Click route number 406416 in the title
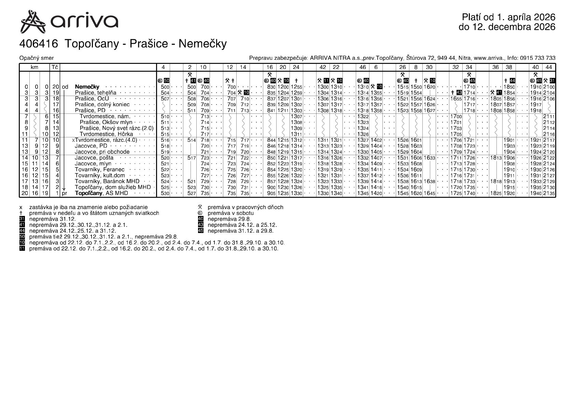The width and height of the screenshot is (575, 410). point(40,44)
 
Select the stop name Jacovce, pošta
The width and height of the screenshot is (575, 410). point(94,158)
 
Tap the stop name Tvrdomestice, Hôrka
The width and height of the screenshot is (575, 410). point(106,134)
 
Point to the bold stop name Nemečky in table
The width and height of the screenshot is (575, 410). point(87,87)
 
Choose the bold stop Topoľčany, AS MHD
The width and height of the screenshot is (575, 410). point(101,193)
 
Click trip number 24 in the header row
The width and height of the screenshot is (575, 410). point(296,67)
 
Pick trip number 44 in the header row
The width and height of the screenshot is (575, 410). point(549,67)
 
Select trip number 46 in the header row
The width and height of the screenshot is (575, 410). point(363,67)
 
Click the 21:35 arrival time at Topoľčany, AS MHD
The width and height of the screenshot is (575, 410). point(549,193)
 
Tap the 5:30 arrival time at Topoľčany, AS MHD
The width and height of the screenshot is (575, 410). point(165,193)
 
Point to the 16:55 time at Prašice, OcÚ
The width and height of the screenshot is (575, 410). point(456,99)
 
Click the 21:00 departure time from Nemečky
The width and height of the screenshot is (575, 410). point(549,87)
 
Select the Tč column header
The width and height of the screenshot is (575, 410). point(55,67)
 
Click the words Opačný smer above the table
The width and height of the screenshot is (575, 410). point(37,58)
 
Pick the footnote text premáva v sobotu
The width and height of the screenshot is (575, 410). point(230,213)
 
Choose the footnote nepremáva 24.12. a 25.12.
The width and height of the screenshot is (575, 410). point(242,225)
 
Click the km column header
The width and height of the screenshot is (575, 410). point(34,67)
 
